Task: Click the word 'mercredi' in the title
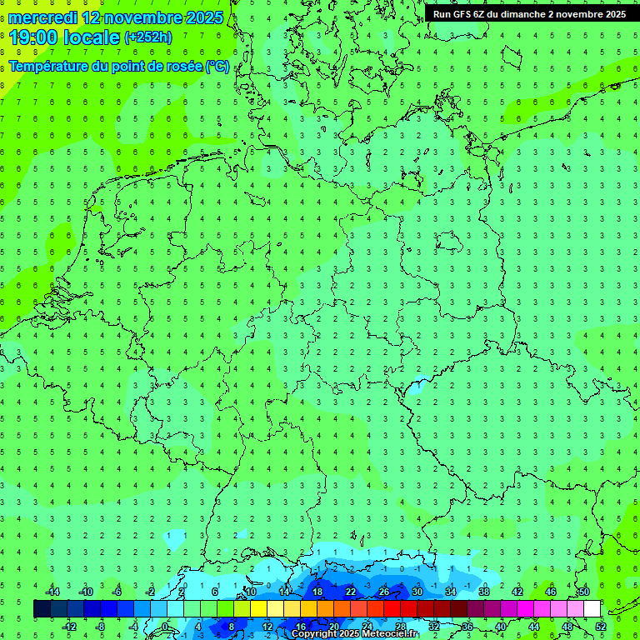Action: point(43,17)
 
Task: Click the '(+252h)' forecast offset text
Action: point(147,37)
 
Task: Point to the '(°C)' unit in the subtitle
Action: point(217,66)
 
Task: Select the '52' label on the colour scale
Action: point(600,627)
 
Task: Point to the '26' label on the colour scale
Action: point(383,592)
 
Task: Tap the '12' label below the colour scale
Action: point(267,627)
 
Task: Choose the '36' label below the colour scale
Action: point(467,627)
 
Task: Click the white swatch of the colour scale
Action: point(592,609)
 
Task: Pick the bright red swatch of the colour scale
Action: point(392,609)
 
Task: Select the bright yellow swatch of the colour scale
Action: point(258,609)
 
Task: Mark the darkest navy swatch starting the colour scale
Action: point(42,609)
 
